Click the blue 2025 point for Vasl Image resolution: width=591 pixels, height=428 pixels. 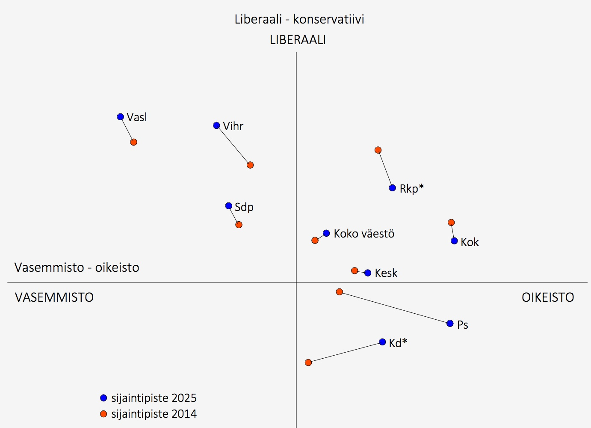121,117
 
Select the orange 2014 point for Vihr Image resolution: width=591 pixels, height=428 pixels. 250,165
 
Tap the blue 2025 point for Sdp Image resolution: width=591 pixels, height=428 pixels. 229,206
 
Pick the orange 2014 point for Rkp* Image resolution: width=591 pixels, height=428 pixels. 378,150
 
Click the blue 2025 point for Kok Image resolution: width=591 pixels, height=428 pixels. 454,241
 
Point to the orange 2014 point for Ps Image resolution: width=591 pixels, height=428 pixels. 340,292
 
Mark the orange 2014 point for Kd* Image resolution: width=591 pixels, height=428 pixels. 308,363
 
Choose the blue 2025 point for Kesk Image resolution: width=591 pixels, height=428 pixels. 368,273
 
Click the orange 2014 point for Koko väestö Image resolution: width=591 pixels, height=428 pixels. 315,241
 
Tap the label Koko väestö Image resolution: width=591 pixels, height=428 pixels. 364,234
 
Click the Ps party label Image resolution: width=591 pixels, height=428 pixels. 463,325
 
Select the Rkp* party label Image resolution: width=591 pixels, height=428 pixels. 411,188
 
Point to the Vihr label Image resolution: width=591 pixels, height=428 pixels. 233,126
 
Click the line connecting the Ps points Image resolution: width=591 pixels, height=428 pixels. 395,308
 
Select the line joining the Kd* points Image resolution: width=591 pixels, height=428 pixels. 346,352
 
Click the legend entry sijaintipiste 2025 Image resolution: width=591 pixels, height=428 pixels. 154,398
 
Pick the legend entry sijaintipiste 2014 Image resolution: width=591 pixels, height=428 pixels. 154,414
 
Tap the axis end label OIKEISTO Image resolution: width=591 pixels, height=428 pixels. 548,297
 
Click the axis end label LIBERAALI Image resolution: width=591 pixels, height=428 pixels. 298,40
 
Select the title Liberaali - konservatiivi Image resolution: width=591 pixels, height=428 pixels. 299,19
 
